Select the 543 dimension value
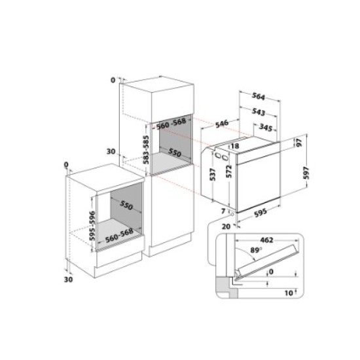click(259, 112)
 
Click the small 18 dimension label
click(234, 147)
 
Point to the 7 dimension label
click(223, 211)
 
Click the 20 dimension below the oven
click(226, 226)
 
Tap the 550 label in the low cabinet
click(128, 206)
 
